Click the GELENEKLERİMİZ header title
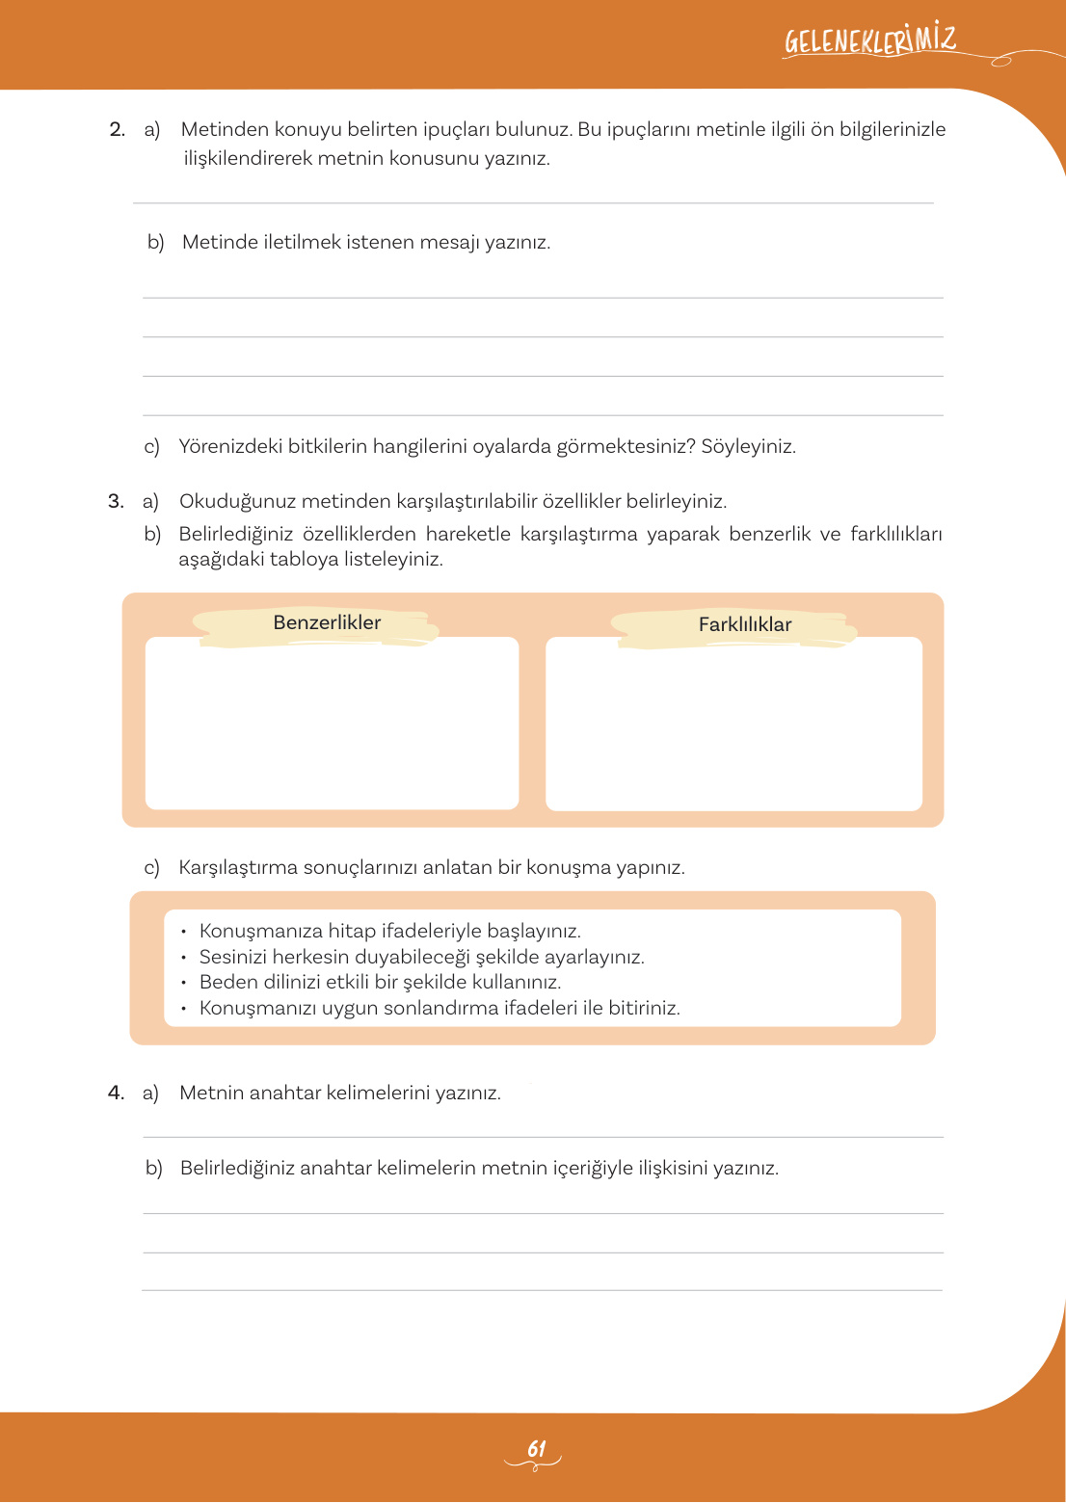tap(869, 41)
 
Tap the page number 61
tap(536, 1448)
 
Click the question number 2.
tap(117, 129)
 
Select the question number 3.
tap(116, 501)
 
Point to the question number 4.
tap(116, 1093)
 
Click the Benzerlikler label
tap(327, 622)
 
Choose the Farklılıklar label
tap(745, 624)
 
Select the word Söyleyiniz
tap(748, 446)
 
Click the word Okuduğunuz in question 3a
tap(237, 501)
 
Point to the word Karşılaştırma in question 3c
tap(238, 867)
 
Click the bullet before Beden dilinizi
tap(183, 983)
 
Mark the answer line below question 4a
tap(543, 1137)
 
